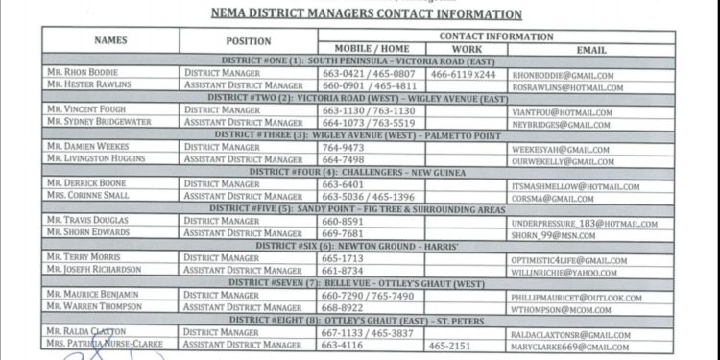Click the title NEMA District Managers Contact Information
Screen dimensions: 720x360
pyautogui.click(x=367, y=14)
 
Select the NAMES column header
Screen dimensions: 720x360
pyautogui.click(x=110, y=41)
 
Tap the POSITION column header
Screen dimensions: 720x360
pyautogui.click(x=249, y=41)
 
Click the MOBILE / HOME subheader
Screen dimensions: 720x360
pyautogui.click(x=372, y=49)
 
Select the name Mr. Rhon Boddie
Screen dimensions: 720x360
pyautogui.click(x=85, y=73)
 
